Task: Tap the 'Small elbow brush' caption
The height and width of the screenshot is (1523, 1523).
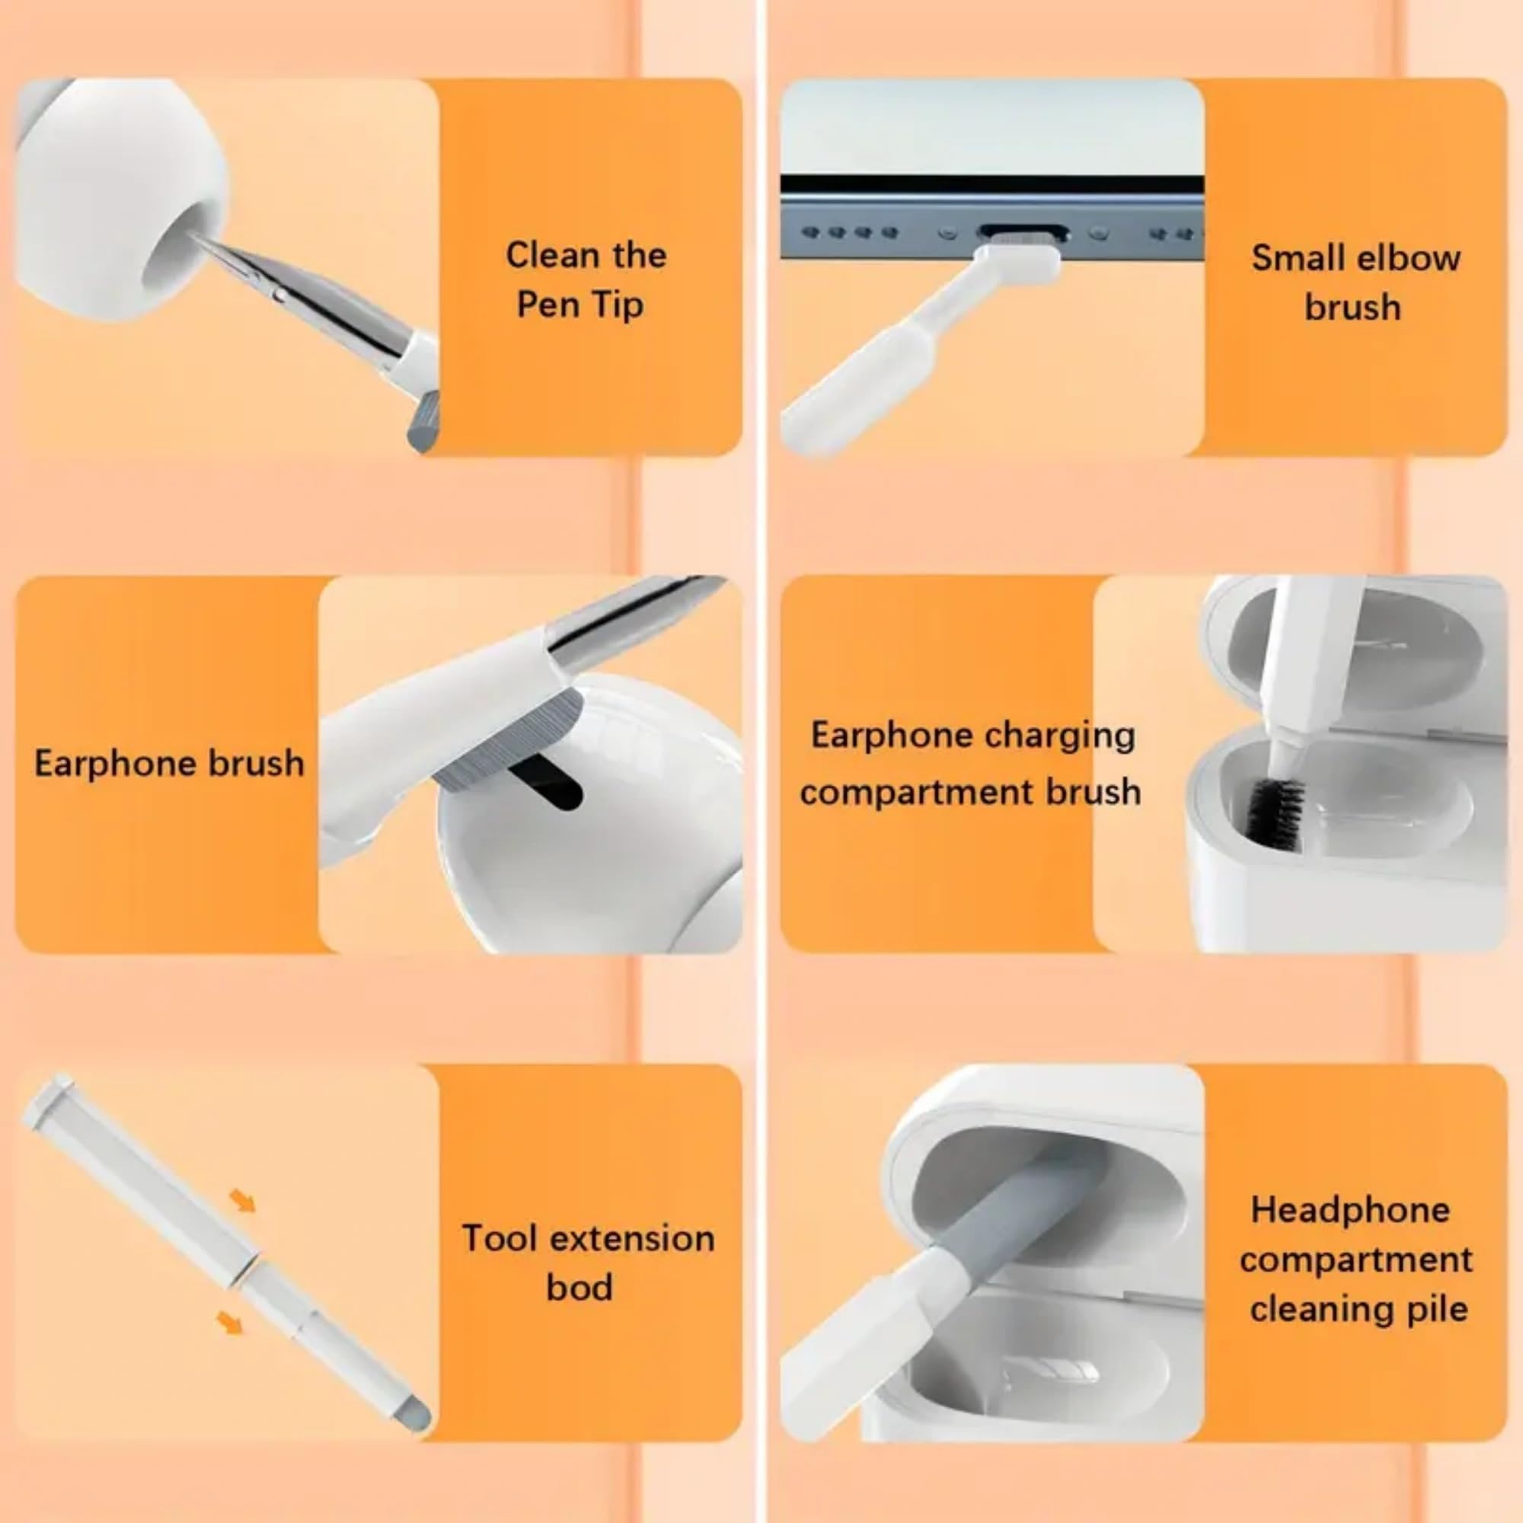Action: (x=1355, y=283)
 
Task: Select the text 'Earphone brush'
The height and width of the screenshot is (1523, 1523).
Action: (x=170, y=763)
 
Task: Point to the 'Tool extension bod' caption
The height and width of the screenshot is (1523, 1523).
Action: (x=588, y=1262)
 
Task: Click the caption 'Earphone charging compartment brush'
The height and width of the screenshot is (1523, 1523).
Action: (x=971, y=763)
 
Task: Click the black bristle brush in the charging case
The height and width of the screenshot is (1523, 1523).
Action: (x=1272, y=813)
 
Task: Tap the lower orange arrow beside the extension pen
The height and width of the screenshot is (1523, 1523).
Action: (x=229, y=1322)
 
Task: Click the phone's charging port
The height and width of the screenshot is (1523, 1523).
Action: (x=1023, y=234)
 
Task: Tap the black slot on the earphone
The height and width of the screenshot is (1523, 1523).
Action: (x=545, y=781)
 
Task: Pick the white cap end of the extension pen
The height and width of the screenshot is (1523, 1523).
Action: (x=49, y=1099)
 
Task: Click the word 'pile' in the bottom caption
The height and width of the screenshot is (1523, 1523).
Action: (x=1437, y=1309)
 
